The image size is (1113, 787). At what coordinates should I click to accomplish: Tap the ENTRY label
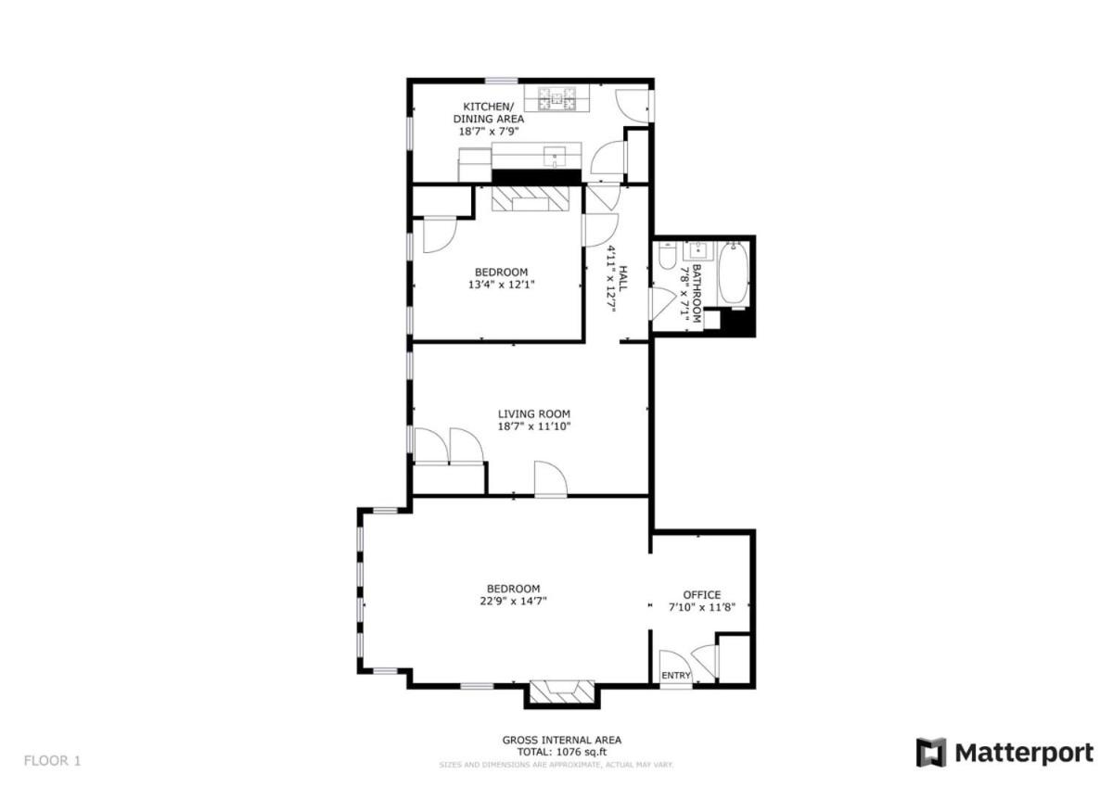(676, 675)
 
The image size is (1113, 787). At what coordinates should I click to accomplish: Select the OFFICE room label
(701, 594)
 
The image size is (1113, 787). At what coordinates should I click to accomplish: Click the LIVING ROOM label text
(534, 413)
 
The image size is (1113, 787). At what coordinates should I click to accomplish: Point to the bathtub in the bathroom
(734, 273)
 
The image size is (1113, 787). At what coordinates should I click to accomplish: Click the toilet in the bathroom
(667, 255)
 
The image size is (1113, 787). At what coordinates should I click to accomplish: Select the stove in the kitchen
(556, 98)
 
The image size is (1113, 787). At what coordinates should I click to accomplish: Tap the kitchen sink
(555, 157)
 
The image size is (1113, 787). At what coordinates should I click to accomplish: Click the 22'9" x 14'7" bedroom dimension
(513, 601)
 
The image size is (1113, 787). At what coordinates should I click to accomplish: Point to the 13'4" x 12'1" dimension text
(502, 285)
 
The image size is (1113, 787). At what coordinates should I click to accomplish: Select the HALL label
(622, 279)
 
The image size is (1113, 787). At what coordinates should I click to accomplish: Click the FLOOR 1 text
(52, 760)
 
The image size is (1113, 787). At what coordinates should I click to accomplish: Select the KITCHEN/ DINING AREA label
(489, 113)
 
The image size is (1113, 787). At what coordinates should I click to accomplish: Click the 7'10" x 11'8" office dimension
(701, 607)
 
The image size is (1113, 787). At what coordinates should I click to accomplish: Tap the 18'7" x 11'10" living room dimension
(534, 426)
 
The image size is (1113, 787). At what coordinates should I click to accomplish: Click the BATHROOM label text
(697, 294)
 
